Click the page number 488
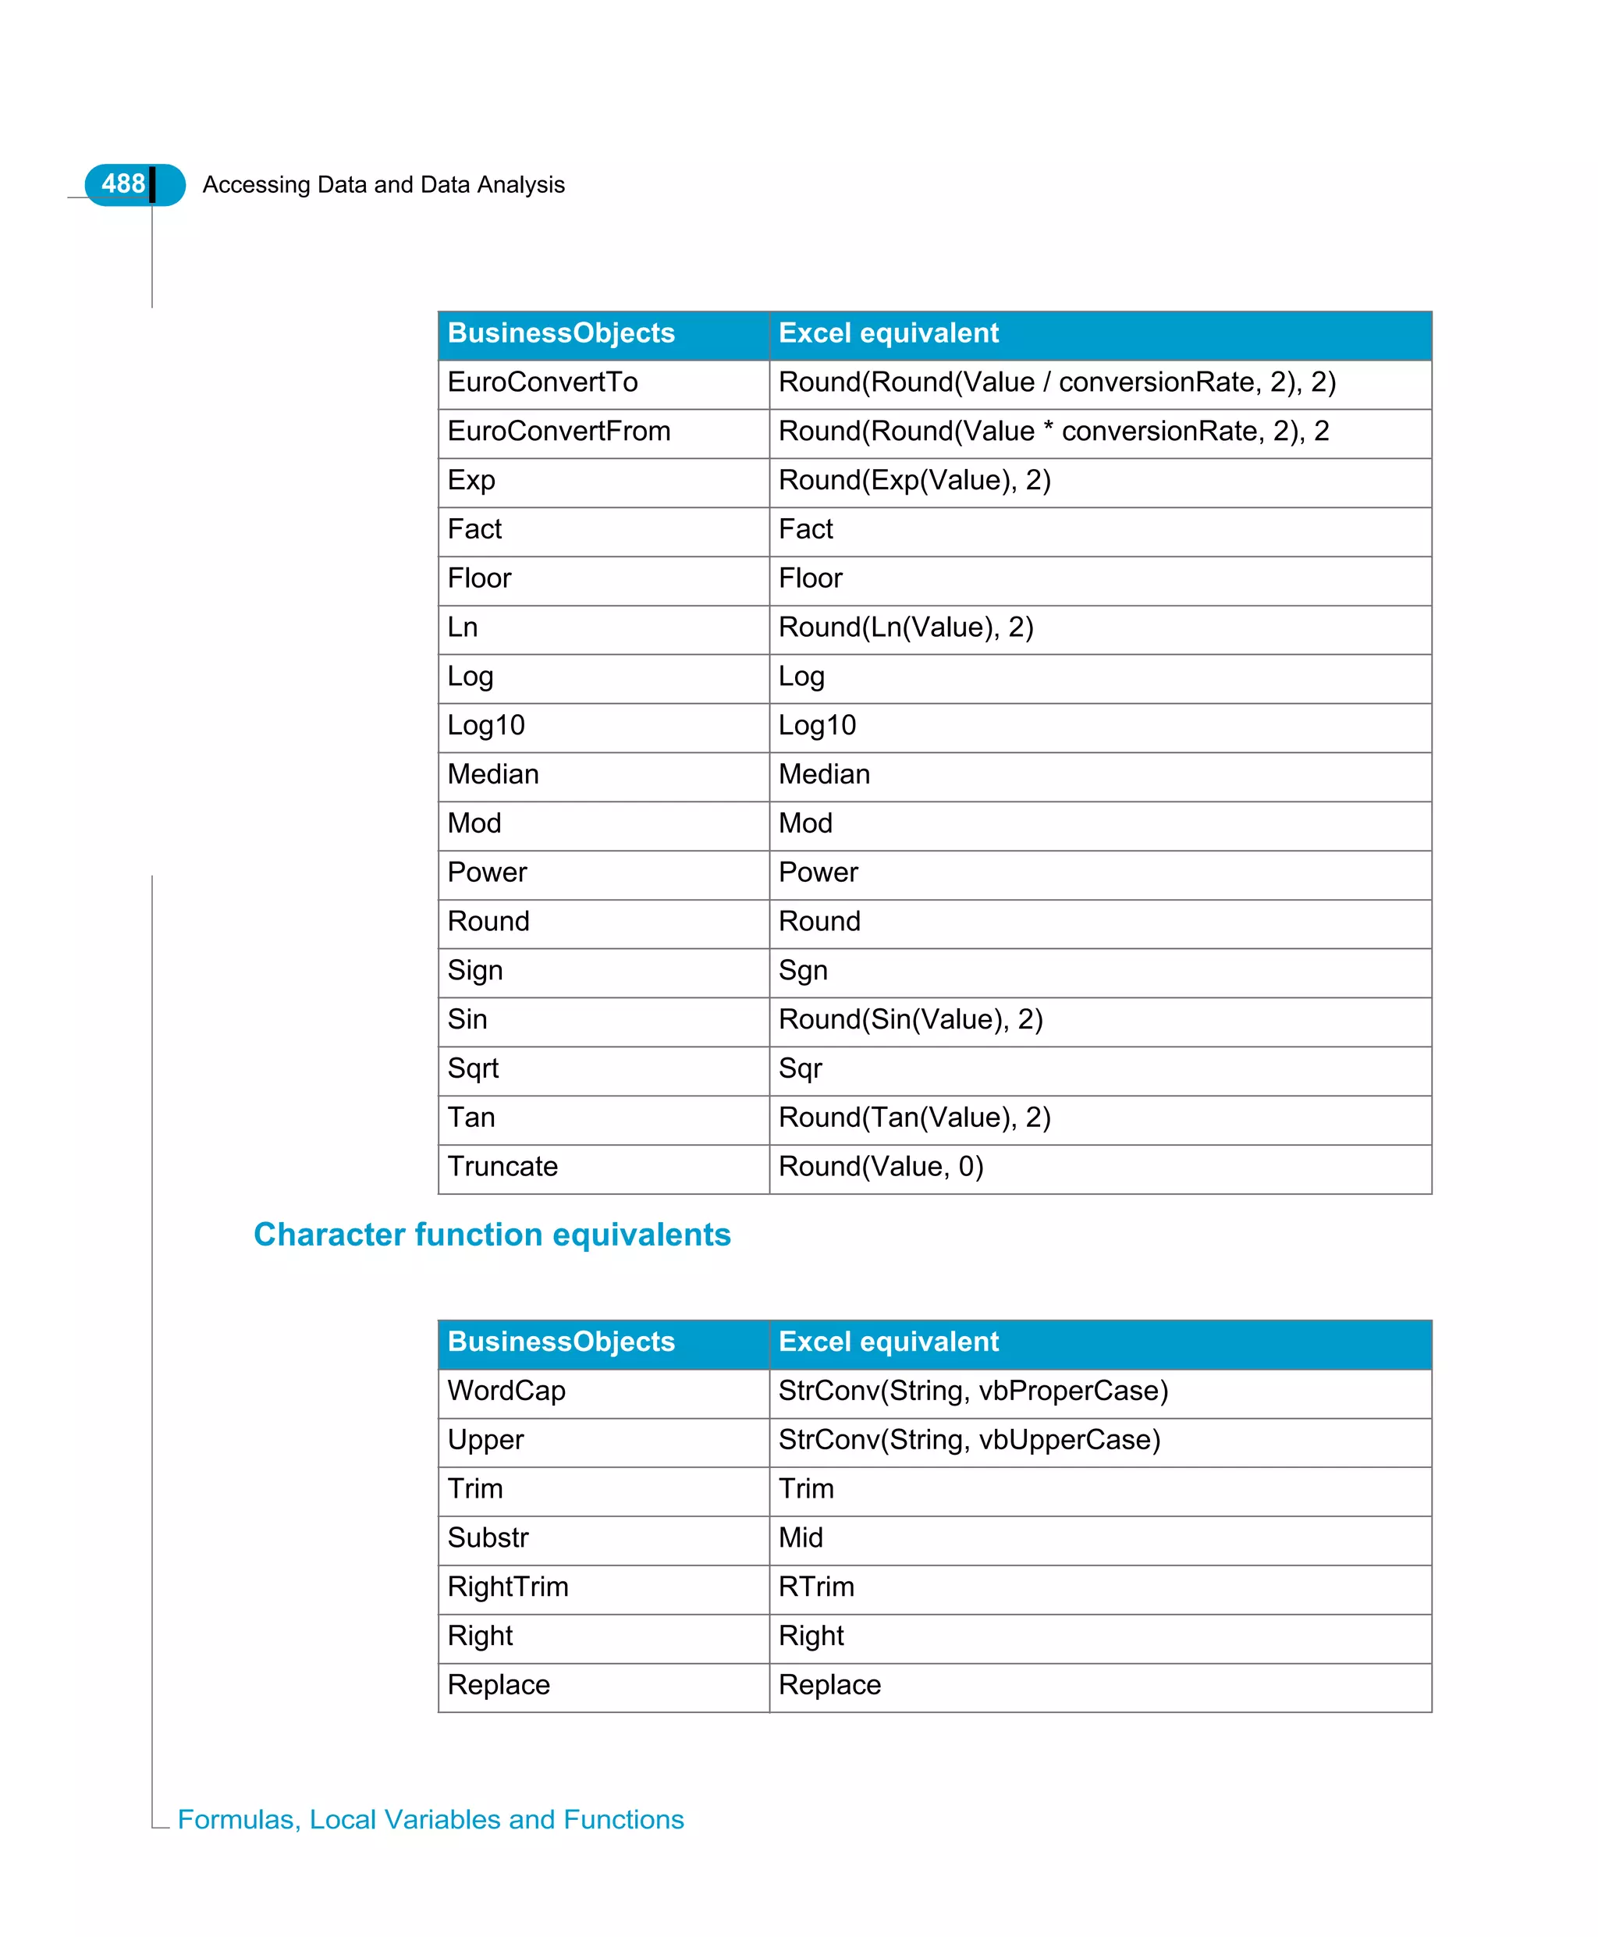(123, 184)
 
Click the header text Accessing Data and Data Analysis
(383, 185)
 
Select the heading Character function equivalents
(492, 1235)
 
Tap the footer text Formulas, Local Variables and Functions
(431, 1819)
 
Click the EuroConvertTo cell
(542, 382)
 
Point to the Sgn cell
(803, 970)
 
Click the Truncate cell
(502, 1167)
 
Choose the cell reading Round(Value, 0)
(881, 1167)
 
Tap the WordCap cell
(506, 1391)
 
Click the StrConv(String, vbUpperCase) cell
(969, 1440)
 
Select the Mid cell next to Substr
(800, 1537)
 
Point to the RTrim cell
(815, 1587)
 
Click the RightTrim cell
(508, 1587)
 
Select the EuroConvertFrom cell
(559, 431)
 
